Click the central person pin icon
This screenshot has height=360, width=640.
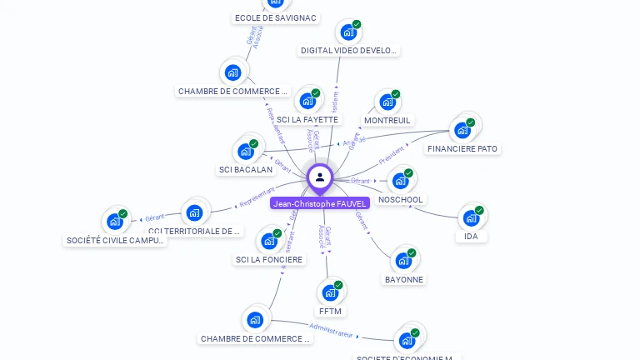[x=320, y=177]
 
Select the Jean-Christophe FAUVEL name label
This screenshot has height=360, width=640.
[x=320, y=203]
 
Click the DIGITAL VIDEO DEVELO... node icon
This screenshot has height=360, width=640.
[x=347, y=33]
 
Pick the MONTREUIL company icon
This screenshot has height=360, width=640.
[x=386, y=102]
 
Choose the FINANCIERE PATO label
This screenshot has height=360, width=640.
[x=462, y=149]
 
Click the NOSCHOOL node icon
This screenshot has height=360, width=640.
[x=400, y=181]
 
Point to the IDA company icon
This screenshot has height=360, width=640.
[x=471, y=219]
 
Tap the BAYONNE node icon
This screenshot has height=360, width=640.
[x=403, y=261]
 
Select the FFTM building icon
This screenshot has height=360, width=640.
[x=330, y=293]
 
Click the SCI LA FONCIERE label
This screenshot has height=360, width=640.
[x=269, y=259]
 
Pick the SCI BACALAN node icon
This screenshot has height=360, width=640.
[x=245, y=152]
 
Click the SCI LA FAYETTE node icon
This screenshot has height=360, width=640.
[x=307, y=102]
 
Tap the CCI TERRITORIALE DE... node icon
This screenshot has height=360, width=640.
[x=194, y=213]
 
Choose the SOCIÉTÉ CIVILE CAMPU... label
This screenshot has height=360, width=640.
[x=116, y=240]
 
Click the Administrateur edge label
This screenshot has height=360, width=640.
[x=331, y=330]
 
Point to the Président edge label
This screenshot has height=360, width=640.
[x=391, y=156]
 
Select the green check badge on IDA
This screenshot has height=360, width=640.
[x=479, y=211]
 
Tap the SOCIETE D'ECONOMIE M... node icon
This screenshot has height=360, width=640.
[x=407, y=340]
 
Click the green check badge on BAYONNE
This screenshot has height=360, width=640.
[x=412, y=252]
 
